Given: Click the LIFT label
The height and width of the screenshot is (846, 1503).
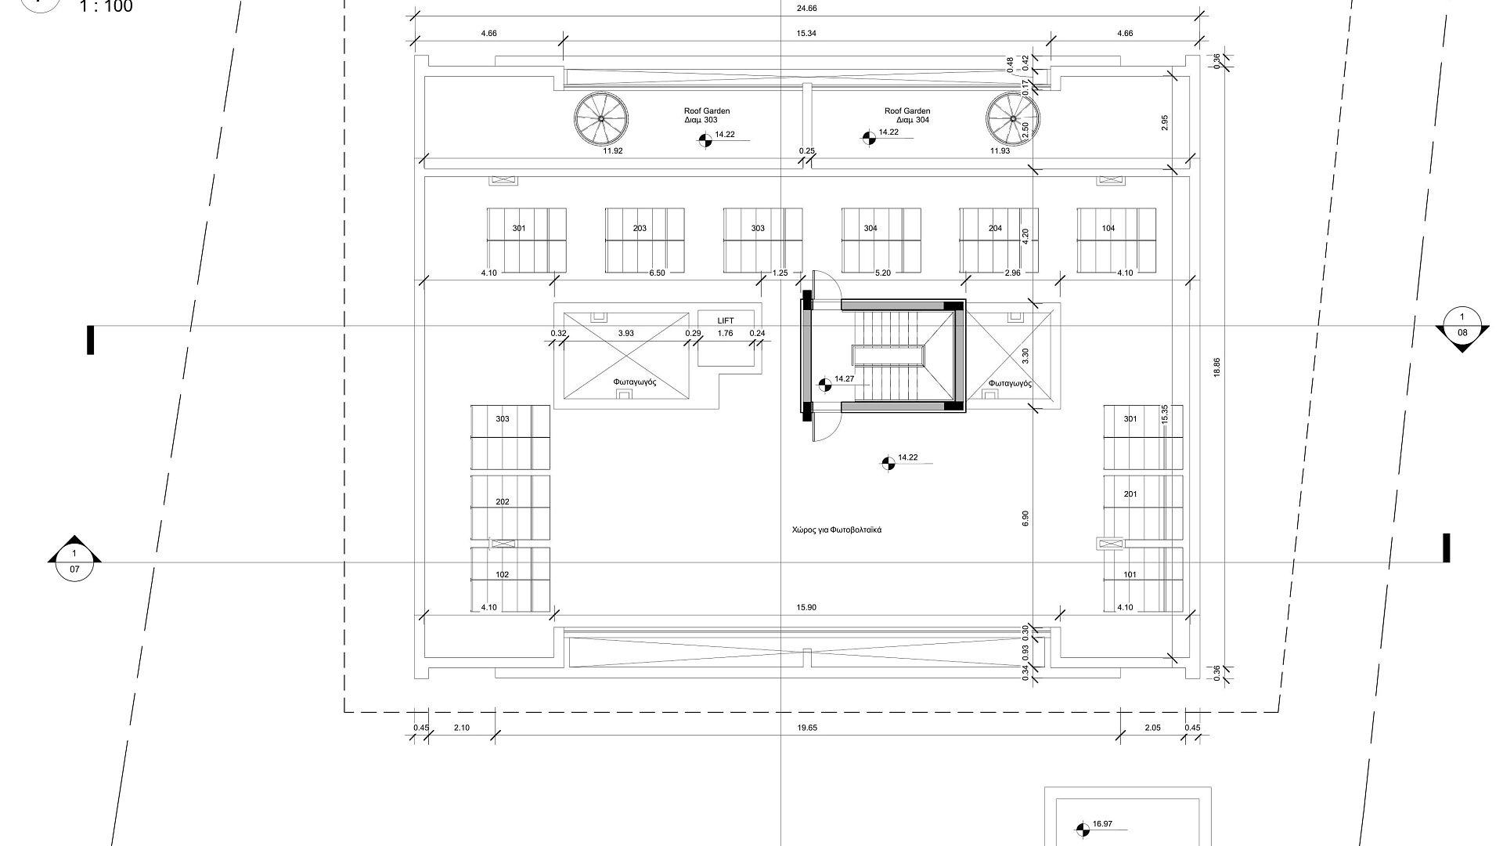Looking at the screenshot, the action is click(726, 320).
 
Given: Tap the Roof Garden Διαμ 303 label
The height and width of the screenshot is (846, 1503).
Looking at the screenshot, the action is click(707, 116).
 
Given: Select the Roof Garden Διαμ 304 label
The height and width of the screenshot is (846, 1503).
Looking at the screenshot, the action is click(907, 116).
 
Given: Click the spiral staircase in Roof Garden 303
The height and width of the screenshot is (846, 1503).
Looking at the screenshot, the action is click(601, 118).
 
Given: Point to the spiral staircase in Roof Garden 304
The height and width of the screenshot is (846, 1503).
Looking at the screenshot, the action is click(1013, 118).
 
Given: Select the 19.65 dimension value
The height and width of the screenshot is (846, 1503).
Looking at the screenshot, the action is click(807, 728).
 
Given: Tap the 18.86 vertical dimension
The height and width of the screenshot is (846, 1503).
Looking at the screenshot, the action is click(1216, 367).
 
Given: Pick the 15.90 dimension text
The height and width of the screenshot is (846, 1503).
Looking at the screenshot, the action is click(806, 607).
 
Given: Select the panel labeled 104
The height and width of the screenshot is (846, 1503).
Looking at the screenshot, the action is click(1116, 241).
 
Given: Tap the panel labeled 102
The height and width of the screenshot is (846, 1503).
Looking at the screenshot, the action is click(510, 580).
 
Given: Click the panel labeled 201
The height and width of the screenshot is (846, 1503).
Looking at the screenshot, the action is click(1143, 507).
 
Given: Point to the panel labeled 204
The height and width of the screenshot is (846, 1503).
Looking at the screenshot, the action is click(999, 241).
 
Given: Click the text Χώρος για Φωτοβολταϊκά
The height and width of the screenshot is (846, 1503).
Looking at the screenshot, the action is click(837, 530).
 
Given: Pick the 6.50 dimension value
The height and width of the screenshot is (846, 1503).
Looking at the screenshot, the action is click(658, 273).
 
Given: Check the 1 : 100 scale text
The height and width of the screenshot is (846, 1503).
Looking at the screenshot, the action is click(106, 7).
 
